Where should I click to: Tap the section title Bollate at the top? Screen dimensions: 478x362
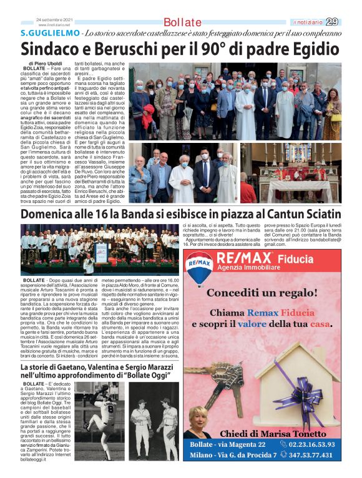pos(182,22)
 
